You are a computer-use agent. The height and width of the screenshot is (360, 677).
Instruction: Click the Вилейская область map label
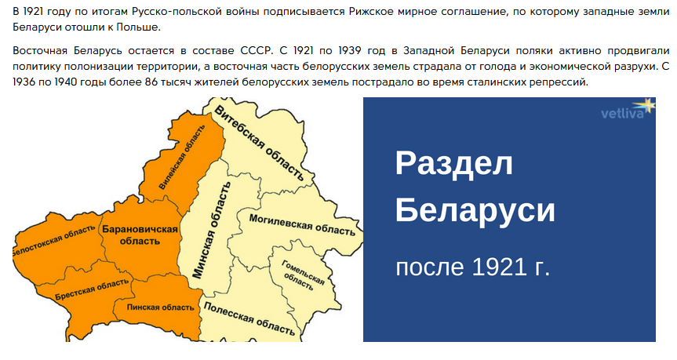pyautogui.click(x=182, y=157)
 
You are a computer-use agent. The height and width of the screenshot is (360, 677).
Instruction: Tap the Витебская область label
pyautogui.click(x=259, y=143)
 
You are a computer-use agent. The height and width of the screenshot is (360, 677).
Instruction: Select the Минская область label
pyautogui.click(x=212, y=230)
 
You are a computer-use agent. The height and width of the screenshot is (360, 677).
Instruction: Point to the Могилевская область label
pyautogui.click(x=302, y=224)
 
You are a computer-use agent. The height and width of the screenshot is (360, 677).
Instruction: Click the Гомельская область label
pyautogui.click(x=301, y=275)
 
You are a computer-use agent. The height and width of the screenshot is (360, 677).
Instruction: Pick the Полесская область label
pyautogui.click(x=249, y=318)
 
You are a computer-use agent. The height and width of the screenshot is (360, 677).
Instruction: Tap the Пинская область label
pyautogui.click(x=161, y=307)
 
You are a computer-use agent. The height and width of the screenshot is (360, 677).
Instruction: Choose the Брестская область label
pyautogui.click(x=92, y=289)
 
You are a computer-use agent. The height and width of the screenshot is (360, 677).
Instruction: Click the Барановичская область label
pyautogui.click(x=140, y=235)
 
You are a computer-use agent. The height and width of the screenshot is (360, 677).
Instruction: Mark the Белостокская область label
pyautogui.click(x=53, y=241)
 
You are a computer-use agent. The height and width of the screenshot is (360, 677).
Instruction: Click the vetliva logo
pyautogui.click(x=628, y=110)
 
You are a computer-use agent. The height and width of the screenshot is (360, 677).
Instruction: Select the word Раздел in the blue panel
pyautogui.click(x=453, y=163)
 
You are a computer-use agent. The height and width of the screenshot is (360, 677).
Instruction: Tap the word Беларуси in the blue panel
pyautogui.click(x=475, y=210)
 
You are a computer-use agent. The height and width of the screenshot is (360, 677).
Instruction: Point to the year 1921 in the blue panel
pyautogui.click(x=499, y=267)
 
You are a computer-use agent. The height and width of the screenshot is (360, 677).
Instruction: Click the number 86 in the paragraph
pyautogui.click(x=151, y=82)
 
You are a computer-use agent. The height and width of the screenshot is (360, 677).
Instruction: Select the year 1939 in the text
pyautogui.click(x=349, y=51)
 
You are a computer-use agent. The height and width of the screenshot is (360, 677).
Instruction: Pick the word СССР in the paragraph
pyautogui.click(x=257, y=51)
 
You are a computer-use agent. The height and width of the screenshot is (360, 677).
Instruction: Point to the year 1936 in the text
pyautogui.click(x=24, y=82)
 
